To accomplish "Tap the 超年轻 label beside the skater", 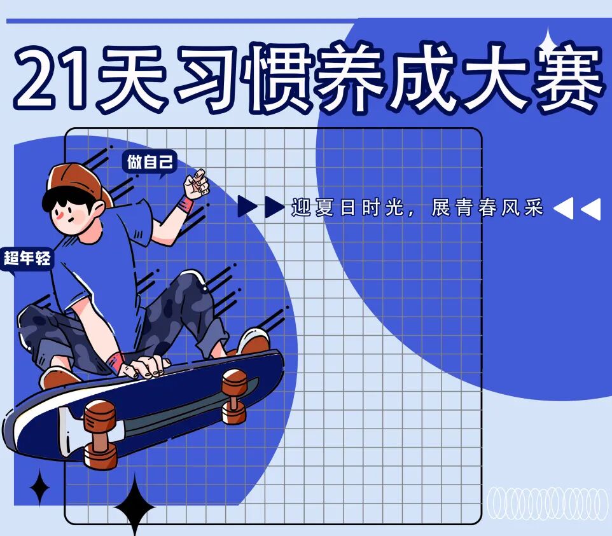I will pos(27,258).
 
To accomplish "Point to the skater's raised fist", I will pos(197,183).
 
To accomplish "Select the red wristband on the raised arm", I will pos(185,205).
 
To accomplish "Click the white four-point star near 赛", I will pos(548,43).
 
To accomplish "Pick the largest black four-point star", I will pos(134,505).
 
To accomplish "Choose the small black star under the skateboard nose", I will pos(39,488).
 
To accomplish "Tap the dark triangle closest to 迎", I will pos(274,207).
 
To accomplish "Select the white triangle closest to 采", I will pos(563,208).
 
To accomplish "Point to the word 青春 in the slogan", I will pos(478,207).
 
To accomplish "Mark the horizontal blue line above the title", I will pos(178,21).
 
